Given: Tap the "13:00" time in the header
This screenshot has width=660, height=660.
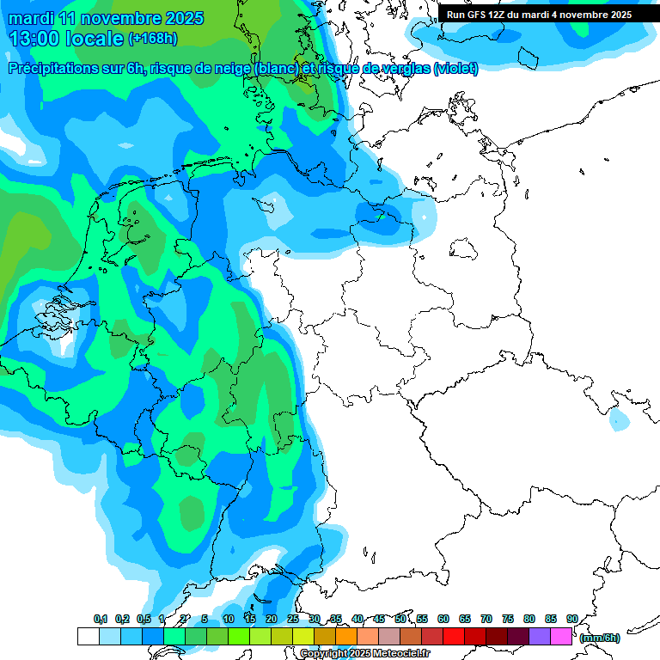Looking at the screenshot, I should tap(34, 39).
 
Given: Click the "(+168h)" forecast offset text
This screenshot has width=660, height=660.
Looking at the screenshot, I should tap(153, 39).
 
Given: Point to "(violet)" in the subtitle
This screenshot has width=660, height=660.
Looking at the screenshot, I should tap(455, 69).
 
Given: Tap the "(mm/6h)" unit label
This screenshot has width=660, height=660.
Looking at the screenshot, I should tap(599, 638).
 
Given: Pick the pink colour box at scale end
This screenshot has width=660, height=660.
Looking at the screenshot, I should tap(561, 636).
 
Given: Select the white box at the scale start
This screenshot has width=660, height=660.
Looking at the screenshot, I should tap(89, 636).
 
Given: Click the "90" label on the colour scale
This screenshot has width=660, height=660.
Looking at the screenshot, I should tap(571, 619).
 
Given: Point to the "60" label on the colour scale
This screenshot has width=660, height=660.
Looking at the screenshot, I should tap(443, 619).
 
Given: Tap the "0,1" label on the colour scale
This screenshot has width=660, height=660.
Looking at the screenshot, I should tap(101, 619).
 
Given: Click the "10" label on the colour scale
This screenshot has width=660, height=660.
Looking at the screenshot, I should tap(229, 619).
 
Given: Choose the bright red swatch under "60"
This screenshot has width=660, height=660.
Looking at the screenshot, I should tap(454, 636).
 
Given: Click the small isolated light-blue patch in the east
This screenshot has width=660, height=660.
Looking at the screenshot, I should tap(618, 419).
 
